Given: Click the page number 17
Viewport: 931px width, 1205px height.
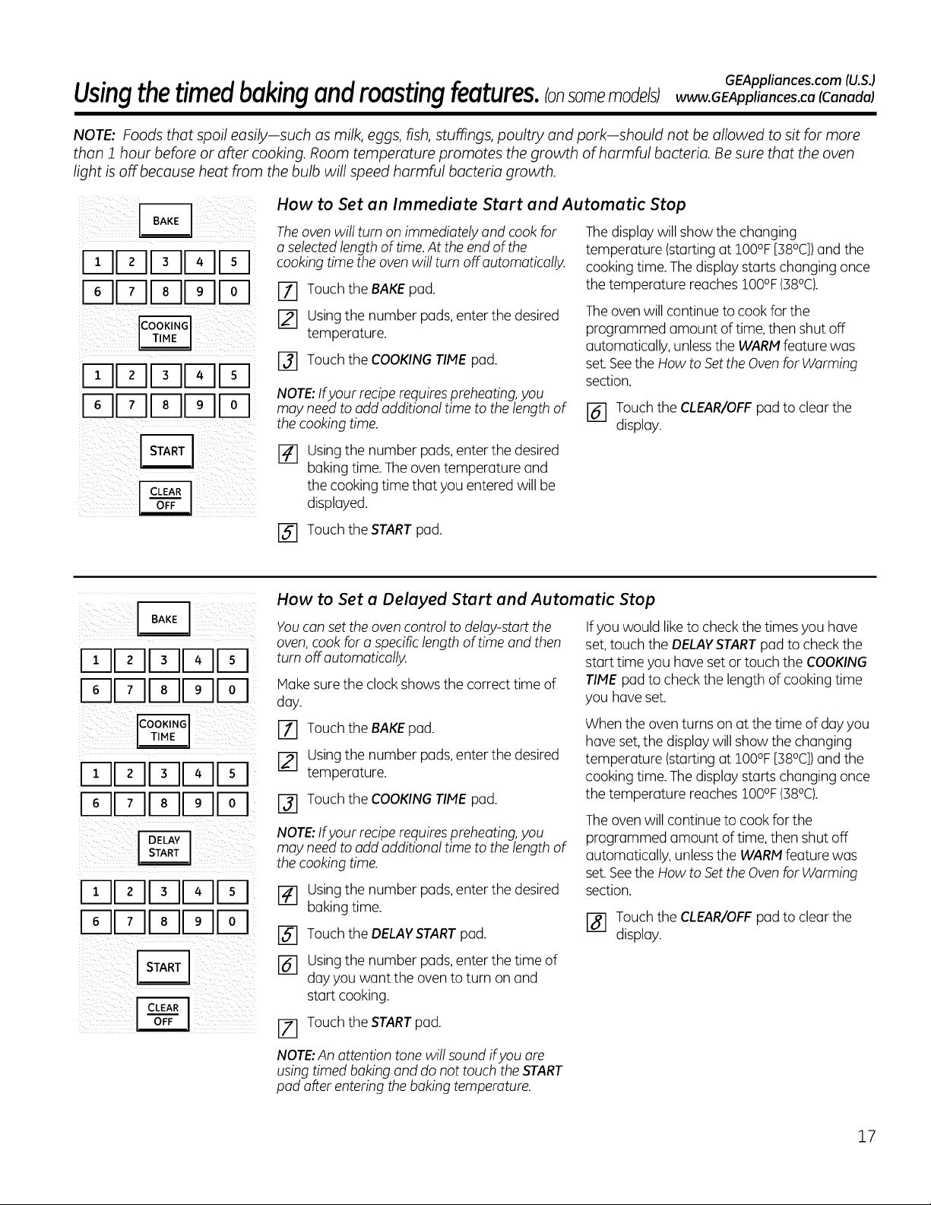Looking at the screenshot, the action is pyautogui.click(x=866, y=1137).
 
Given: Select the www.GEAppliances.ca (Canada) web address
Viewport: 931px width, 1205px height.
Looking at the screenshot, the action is pyautogui.click(x=774, y=97).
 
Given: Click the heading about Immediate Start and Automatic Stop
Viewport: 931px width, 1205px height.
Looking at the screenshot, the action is pyautogui.click(x=481, y=204).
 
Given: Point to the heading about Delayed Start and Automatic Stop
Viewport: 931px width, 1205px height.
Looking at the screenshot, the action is pyautogui.click(x=465, y=599).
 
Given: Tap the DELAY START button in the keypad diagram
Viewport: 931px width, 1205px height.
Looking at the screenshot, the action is pyautogui.click(x=164, y=848).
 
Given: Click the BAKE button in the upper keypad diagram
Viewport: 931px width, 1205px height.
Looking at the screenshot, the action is pyautogui.click(x=166, y=220).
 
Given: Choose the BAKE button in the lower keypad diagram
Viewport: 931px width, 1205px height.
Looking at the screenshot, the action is pyautogui.click(x=164, y=619).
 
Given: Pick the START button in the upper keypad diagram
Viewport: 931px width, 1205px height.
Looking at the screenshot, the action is pyautogui.click(x=166, y=451).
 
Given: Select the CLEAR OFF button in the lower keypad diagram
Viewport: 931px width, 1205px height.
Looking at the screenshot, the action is pyautogui.click(x=163, y=1014).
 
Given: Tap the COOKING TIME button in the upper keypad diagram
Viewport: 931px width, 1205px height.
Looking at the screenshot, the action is pyautogui.click(x=165, y=332).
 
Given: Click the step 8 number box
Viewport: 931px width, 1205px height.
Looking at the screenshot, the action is pyautogui.click(x=596, y=923).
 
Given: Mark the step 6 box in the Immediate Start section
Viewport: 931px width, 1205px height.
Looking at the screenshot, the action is pyautogui.click(x=596, y=414).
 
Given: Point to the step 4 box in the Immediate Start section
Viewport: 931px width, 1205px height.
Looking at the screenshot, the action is pyautogui.click(x=287, y=455).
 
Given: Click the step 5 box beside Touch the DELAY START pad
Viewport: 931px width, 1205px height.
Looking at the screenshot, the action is pyautogui.click(x=287, y=936).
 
